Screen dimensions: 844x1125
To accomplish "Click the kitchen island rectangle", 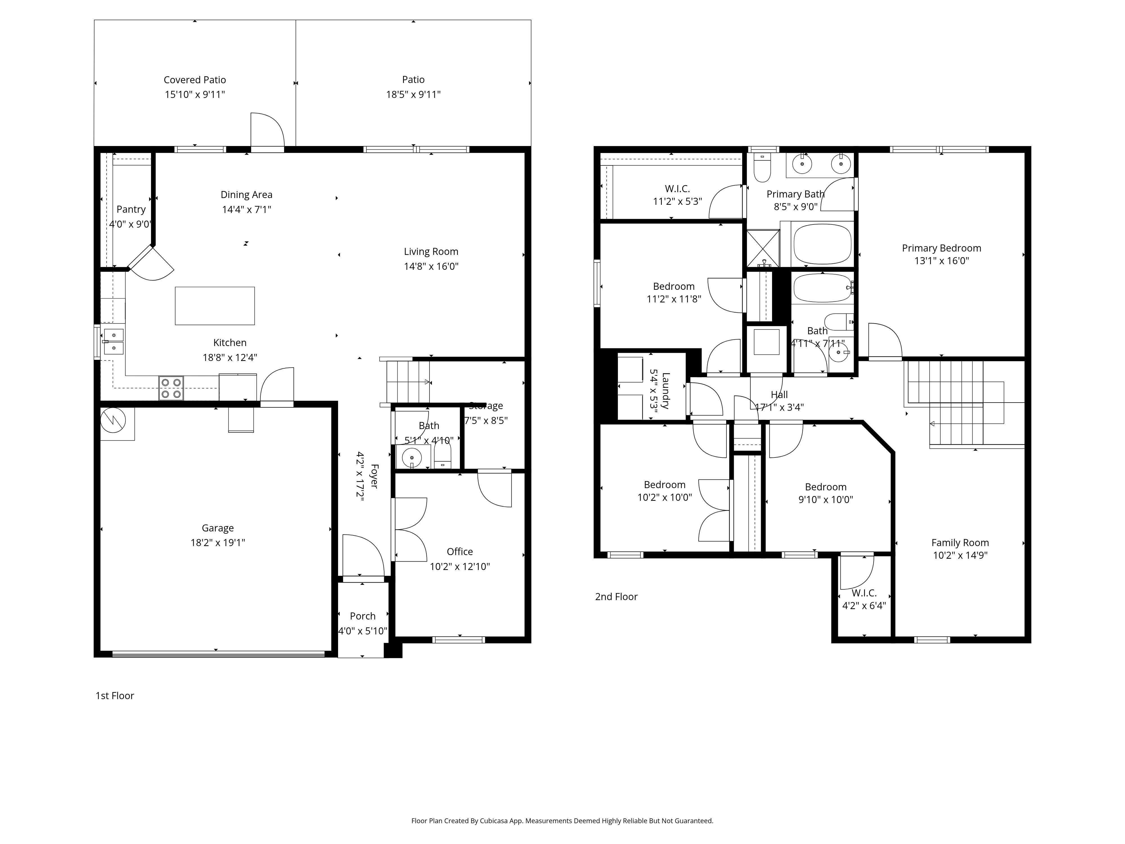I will point(215,306).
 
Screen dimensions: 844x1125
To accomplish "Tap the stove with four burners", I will point(171,388).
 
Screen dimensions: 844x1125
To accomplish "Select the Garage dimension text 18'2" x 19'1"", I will point(218,542).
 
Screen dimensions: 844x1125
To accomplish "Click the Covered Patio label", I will point(195,80).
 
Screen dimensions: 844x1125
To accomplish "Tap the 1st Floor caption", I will point(115,695).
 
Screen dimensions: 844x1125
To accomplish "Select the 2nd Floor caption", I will point(616,596).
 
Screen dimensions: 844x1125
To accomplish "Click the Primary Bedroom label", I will point(941,248).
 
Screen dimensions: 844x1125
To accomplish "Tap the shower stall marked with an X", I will point(762,248).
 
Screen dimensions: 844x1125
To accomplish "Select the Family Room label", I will point(960,542).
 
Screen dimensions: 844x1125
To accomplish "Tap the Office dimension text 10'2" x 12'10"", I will point(460,566).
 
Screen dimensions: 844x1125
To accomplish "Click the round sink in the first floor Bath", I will point(411,458).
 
